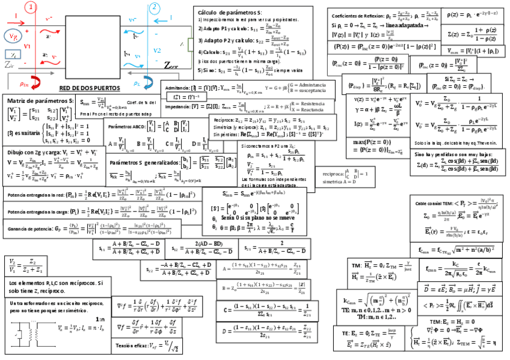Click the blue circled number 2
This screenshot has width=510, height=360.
155,8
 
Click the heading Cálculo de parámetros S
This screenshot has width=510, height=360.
229,12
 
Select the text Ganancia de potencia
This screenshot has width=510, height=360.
31,229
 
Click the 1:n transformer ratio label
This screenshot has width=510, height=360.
100,319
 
